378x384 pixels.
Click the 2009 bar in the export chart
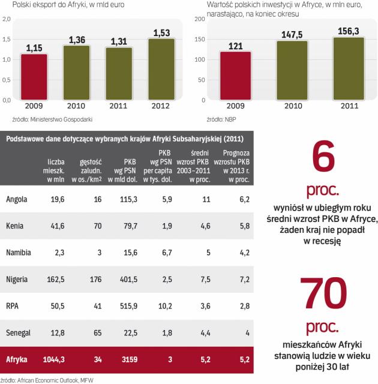pos(37,76)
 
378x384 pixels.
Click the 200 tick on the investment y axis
pos(200,19)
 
